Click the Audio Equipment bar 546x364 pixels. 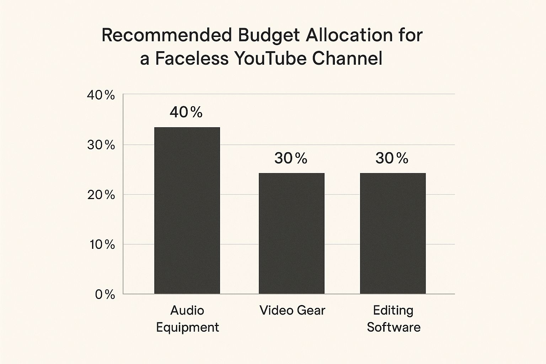point(187,210)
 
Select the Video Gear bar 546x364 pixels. point(291,233)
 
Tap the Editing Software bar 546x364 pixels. point(393,233)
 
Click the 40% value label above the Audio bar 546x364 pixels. point(186,112)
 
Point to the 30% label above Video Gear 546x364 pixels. point(291,158)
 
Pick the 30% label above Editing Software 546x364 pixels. point(392,158)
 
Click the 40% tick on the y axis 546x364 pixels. point(101,95)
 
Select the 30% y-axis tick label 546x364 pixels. point(101,145)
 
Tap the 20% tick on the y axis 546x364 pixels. point(101,195)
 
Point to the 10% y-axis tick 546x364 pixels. point(102,245)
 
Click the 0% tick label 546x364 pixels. point(105,295)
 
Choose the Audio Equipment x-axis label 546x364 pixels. point(187,318)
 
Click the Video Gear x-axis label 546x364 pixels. point(292,310)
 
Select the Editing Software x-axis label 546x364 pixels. point(394,318)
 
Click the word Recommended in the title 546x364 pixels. point(166,35)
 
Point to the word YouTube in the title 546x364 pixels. point(271,59)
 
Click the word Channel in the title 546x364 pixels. point(347,59)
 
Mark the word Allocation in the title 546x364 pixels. point(349,35)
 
